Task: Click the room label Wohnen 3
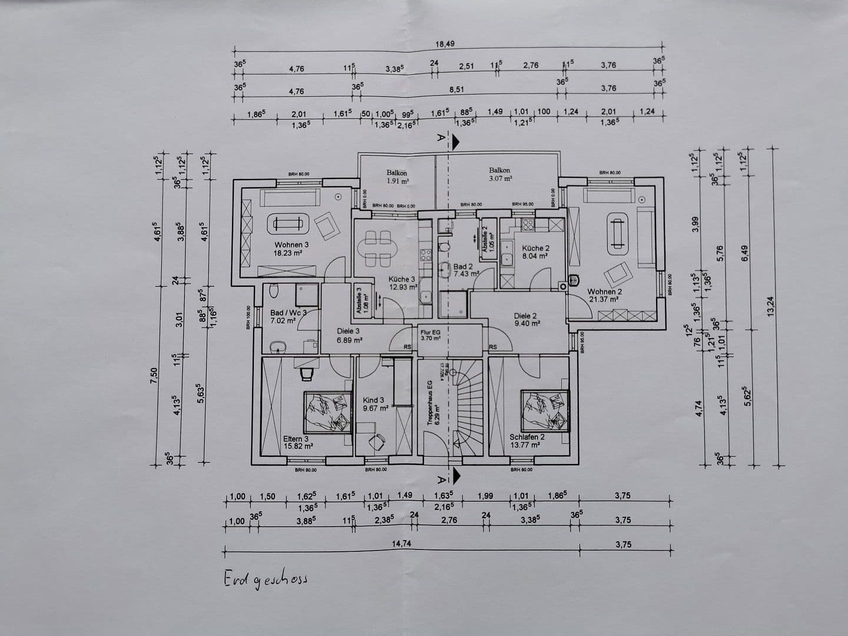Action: [291, 245]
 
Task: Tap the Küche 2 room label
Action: [535, 249]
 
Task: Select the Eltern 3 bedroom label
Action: [296, 439]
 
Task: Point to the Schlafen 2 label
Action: [526, 437]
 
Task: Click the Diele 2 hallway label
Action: [525, 316]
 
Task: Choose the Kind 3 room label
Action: [374, 400]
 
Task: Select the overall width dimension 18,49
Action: [445, 44]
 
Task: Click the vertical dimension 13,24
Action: [771, 306]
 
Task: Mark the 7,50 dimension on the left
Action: [154, 374]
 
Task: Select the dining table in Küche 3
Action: [378, 248]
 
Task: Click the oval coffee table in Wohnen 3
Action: [289, 224]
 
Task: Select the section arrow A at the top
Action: [447, 140]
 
